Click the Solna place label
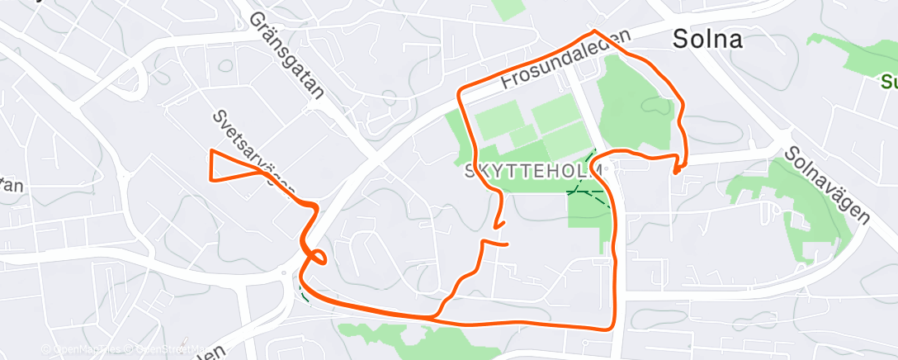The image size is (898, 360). pos(707,38)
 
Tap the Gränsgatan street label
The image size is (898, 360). pos(286,55)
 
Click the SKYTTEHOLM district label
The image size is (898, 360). pos(534,171)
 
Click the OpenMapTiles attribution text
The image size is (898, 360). pos(83,350)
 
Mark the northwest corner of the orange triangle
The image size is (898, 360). pos(212,150)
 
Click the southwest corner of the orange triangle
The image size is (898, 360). pos(215,179)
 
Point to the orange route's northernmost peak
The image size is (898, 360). pos(593,31)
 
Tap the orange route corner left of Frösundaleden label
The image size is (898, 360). pos(461,88)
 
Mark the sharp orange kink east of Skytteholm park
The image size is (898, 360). pos(676,172)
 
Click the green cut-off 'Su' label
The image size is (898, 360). pos(888,83)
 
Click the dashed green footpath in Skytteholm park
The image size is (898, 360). pos(588,192)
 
